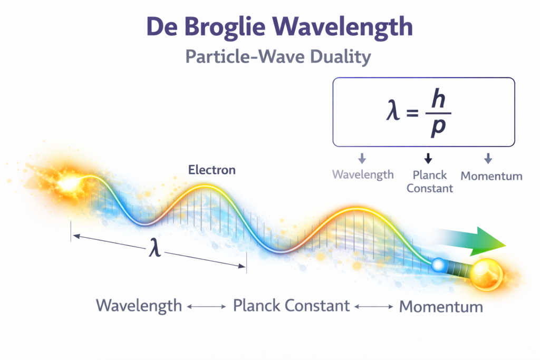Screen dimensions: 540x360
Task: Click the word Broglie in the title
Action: point(225,27)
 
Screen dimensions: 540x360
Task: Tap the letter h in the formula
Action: point(438,99)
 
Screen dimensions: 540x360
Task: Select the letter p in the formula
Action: point(438,128)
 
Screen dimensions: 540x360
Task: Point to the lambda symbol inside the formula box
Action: point(393,111)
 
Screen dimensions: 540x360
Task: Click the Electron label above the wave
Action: point(212,170)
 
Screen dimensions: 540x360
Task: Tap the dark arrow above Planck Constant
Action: point(428,158)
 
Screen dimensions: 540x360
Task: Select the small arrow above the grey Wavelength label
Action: point(362,158)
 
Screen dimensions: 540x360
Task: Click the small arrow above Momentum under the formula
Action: point(488,158)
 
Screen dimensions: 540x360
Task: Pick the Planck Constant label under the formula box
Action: point(430,182)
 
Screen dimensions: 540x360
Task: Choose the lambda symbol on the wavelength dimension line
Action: point(155,248)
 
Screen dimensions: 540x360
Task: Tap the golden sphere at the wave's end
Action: point(486,275)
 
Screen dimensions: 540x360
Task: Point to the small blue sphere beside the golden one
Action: point(438,265)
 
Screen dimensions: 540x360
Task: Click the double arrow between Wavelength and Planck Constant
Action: point(207,307)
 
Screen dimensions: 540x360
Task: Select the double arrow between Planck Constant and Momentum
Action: point(374,307)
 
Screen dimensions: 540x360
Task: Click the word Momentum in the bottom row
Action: point(441,307)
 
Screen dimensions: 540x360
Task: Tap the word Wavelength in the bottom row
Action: point(139,306)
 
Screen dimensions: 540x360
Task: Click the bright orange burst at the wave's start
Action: point(69,182)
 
